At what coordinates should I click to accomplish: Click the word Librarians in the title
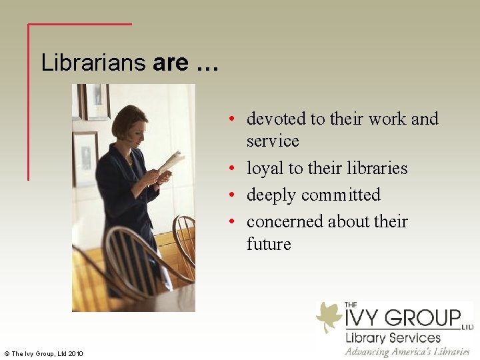93,63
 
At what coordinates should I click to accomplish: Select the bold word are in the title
171,63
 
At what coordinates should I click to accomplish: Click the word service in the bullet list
273,141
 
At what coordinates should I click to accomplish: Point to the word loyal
265,168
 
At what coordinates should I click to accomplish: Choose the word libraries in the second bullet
375,168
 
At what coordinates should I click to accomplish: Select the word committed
341,195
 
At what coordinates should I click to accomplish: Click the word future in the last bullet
269,244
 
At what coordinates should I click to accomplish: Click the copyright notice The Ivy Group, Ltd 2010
43,353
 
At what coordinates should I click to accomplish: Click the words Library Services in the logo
393,337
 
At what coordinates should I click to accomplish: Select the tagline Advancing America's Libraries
407,351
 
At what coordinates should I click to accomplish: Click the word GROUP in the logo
426,317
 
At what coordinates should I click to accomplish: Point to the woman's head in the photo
127,122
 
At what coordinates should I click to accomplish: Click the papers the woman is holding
171,161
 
